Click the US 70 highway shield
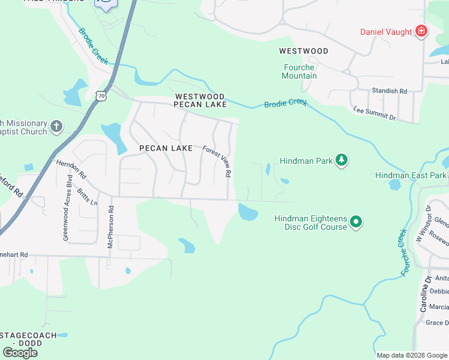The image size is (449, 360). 101,95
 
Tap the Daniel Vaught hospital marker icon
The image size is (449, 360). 421,31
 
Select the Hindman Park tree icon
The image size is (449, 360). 342,160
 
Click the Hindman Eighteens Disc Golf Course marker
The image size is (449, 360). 356,222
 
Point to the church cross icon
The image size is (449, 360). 56,126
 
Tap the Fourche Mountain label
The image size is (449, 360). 299,71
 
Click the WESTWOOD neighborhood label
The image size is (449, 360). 303,51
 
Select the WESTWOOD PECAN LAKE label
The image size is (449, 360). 200,100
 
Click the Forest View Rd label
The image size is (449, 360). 217,161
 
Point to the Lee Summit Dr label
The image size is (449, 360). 375,113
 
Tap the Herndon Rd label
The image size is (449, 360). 71,171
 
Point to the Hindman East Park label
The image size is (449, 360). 411,175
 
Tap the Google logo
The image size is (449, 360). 20,353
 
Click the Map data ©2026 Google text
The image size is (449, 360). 411,355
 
